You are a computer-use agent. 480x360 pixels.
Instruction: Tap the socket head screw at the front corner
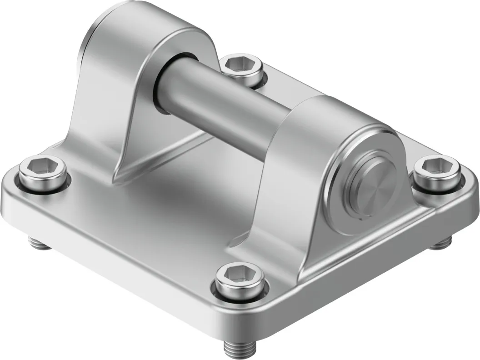point(236,281)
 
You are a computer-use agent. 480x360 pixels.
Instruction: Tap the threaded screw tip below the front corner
point(237,348)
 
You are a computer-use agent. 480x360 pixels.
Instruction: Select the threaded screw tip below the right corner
point(438,245)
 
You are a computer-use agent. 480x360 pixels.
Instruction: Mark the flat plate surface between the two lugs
point(182,191)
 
